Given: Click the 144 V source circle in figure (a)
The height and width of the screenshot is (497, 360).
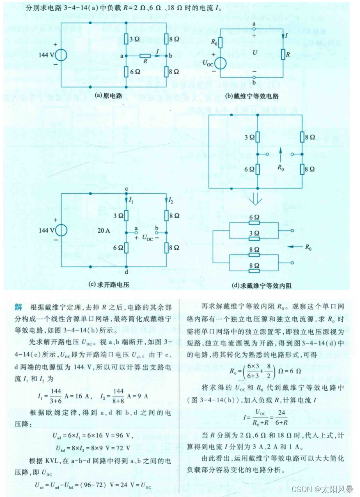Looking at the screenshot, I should [x=62, y=55].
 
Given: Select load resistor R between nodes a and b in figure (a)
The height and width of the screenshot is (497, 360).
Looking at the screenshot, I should [x=145, y=55].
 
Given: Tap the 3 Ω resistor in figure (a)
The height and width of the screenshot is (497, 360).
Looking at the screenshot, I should [x=126, y=39].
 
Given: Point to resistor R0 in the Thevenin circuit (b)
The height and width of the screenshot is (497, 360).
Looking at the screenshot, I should [x=220, y=42].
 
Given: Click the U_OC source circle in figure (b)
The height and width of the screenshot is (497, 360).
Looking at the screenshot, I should [x=220, y=64].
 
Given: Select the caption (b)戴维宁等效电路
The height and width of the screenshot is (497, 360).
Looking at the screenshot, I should [x=252, y=96].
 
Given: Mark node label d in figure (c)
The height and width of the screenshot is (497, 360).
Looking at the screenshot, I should [x=126, y=272].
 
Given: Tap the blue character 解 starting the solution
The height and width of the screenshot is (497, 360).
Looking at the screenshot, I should [x=18, y=307].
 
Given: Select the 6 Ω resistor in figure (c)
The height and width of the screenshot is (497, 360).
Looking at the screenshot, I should [x=126, y=247].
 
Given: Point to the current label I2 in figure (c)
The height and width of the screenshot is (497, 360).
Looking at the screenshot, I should [x=172, y=200].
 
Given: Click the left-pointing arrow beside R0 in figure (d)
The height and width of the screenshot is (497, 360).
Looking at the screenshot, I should [x=294, y=247].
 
